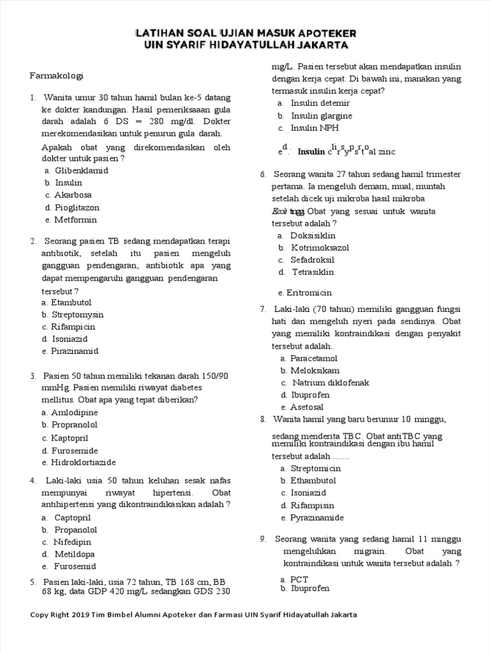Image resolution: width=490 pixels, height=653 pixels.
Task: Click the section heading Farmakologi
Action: pos(57,76)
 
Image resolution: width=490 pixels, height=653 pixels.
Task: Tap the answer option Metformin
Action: pos(75,220)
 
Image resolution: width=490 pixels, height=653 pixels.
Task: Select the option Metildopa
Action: pos(75,554)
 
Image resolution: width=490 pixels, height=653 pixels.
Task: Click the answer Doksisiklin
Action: pos(313,235)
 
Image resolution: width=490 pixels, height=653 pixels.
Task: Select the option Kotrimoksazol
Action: pos(320,247)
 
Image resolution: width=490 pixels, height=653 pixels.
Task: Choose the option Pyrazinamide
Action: pos(317,518)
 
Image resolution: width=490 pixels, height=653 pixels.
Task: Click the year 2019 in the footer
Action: pos(83,615)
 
